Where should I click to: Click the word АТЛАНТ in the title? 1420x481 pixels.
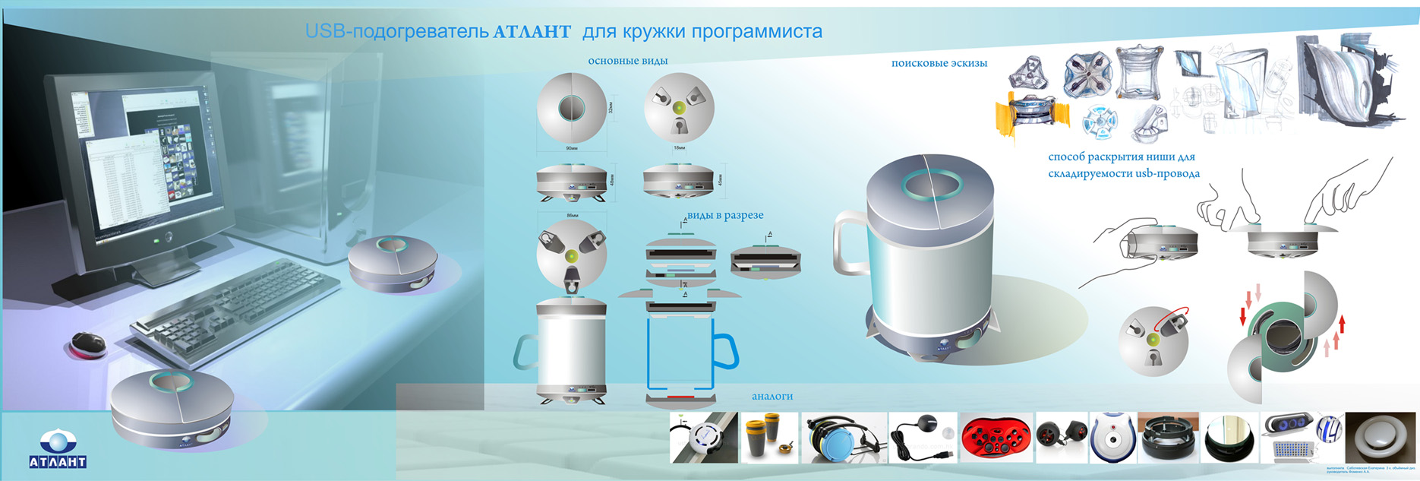(x=532, y=32)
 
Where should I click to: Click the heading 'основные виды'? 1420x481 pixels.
(x=627, y=61)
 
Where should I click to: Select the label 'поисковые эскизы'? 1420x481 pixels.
(x=939, y=63)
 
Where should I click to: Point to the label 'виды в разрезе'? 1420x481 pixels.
(x=724, y=215)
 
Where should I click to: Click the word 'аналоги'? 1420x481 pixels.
(x=772, y=396)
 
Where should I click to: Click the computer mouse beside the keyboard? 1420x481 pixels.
(x=88, y=343)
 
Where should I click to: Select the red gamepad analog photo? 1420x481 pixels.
(x=996, y=438)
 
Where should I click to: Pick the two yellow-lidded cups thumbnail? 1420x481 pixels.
(x=768, y=438)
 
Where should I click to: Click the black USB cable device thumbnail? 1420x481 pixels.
(x=922, y=438)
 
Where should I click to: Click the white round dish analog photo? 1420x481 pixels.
(x=1380, y=438)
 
